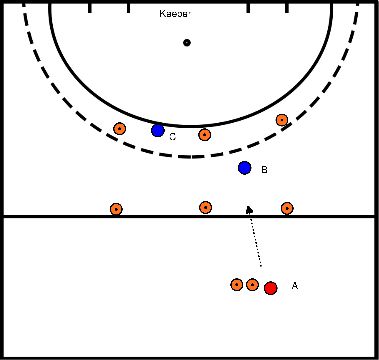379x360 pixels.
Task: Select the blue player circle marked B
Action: tap(244, 167)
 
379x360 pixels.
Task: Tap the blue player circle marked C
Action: tap(157, 130)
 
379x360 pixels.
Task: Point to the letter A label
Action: tap(294, 286)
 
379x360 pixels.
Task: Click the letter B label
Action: tap(263, 170)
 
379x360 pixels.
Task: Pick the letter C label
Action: tap(172, 136)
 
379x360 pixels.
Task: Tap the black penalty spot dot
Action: tap(187, 42)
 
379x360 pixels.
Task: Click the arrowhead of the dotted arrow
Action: tap(249, 209)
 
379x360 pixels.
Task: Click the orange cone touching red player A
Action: tap(252, 285)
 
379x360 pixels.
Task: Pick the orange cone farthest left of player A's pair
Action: tap(237, 285)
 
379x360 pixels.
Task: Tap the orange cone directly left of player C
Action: tap(120, 128)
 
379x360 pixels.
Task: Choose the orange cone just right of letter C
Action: tap(204, 134)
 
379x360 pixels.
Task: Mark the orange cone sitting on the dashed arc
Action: tap(282, 120)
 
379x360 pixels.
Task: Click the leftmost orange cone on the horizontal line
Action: tap(116, 209)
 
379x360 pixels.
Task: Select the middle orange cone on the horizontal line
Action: tap(205, 207)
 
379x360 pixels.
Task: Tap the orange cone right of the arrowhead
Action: tap(287, 208)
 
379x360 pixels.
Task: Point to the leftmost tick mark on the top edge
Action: tap(89, 8)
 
